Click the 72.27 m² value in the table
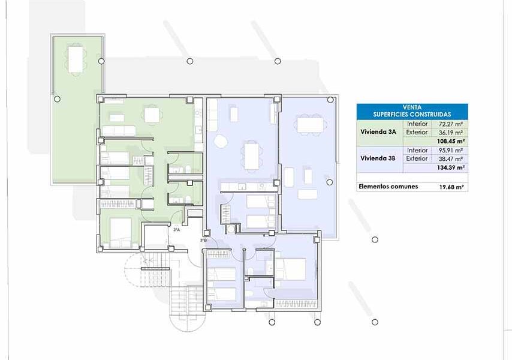(x=451, y=124)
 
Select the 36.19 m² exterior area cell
(x=451, y=133)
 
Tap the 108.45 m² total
(x=451, y=142)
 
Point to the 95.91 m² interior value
(x=451, y=151)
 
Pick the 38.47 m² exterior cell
(x=451, y=159)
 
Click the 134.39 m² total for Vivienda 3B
(x=451, y=167)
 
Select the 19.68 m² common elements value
(x=451, y=187)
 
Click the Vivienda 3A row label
(x=378, y=132)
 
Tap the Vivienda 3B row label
(x=378, y=158)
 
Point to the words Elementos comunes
(x=388, y=187)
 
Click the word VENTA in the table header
(x=412, y=107)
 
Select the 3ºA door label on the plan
(x=176, y=230)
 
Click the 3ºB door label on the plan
(x=203, y=241)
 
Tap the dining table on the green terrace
(x=76, y=59)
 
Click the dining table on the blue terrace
(x=310, y=124)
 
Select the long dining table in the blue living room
(x=251, y=157)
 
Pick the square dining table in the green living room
(x=152, y=115)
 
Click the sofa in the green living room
(x=119, y=131)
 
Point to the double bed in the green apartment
(x=121, y=233)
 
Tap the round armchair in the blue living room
(x=221, y=142)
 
